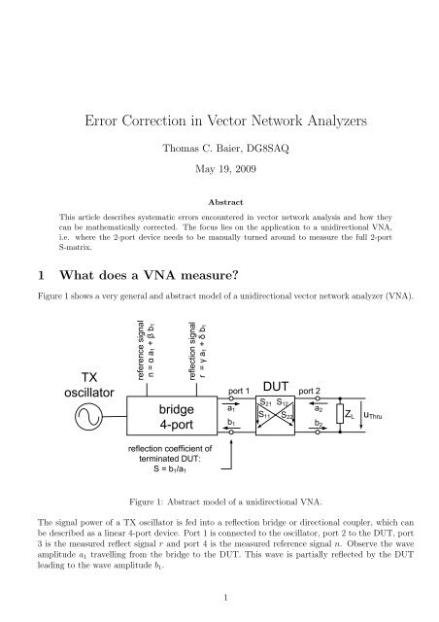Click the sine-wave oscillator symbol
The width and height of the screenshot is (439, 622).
64,417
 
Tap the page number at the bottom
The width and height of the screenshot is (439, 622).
219,597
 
